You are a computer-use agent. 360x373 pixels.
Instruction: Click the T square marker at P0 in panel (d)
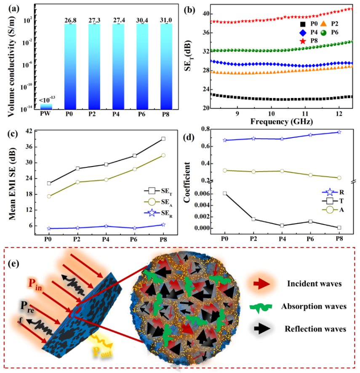(x=225, y=193)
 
